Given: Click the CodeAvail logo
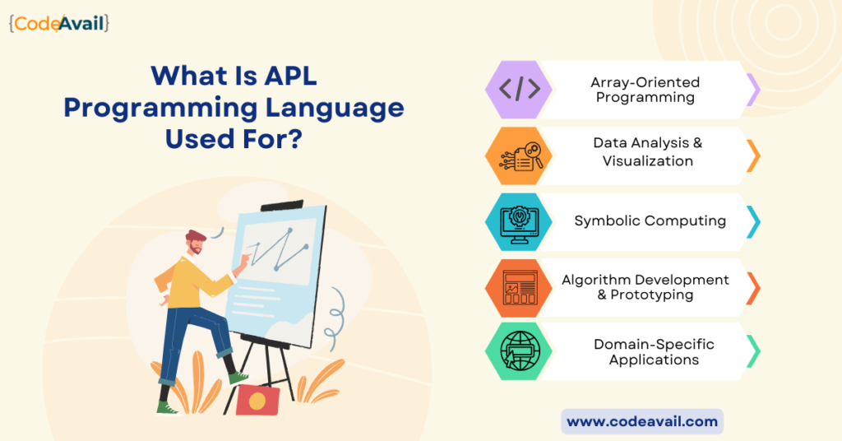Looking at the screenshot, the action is coord(59,24).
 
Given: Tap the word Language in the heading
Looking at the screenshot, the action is coord(335,109).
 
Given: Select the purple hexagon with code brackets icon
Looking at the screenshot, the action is coord(519,89).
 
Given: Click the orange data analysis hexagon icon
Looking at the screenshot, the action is coord(519,156).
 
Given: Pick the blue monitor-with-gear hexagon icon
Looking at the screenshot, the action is coord(519,222).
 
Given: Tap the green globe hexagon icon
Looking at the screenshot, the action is coord(519,351).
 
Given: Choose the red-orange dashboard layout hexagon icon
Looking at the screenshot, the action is coord(519,288).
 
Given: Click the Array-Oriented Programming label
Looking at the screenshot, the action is coord(645,90).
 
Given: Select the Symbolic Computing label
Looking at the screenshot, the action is coord(650,220).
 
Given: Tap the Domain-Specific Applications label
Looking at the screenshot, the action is coord(654,352).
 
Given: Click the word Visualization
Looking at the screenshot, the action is coord(648,160).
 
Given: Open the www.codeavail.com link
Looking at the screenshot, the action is coord(642,421).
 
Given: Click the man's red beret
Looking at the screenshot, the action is coord(196,235).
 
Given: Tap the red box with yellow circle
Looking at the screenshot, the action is coord(257,400).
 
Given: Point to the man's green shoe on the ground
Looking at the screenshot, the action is coord(167,409).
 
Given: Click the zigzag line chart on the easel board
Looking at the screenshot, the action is coord(278,249).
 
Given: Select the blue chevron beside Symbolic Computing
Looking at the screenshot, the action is coord(754,222).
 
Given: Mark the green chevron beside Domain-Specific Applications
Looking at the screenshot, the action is coord(754,351).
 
